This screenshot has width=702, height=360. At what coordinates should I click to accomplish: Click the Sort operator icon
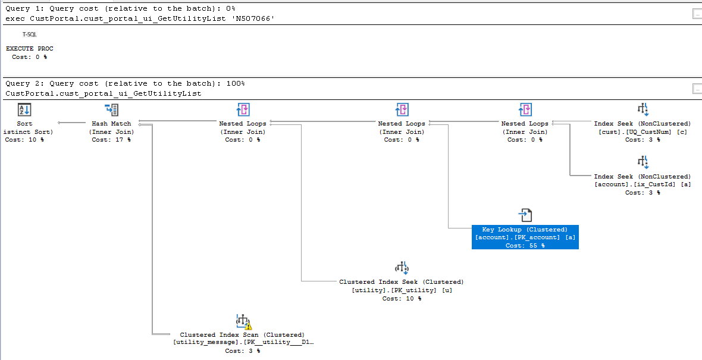(24, 110)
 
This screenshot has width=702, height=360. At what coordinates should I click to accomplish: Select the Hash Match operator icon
(111, 110)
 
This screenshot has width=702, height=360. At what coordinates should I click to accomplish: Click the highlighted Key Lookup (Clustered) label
(525, 230)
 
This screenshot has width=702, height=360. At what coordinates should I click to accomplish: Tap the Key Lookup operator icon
(525, 215)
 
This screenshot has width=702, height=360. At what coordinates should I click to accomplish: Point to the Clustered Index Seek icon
(402, 268)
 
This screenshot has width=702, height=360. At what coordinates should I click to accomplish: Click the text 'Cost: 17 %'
(111, 140)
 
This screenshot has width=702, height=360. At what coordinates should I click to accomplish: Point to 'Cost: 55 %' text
(525, 246)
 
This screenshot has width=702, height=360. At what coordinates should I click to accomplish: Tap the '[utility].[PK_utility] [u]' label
(402, 290)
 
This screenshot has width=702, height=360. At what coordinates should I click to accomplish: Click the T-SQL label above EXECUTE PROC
(30, 35)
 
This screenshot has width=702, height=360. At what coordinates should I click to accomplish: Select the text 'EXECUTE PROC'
(30, 49)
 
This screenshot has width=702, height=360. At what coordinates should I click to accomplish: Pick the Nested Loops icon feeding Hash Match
(243, 110)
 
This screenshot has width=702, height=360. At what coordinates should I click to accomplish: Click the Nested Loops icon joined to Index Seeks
(525, 110)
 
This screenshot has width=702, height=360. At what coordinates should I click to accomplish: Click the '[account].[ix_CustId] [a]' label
(643, 184)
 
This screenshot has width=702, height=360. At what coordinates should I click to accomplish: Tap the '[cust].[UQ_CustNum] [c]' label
(643, 132)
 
